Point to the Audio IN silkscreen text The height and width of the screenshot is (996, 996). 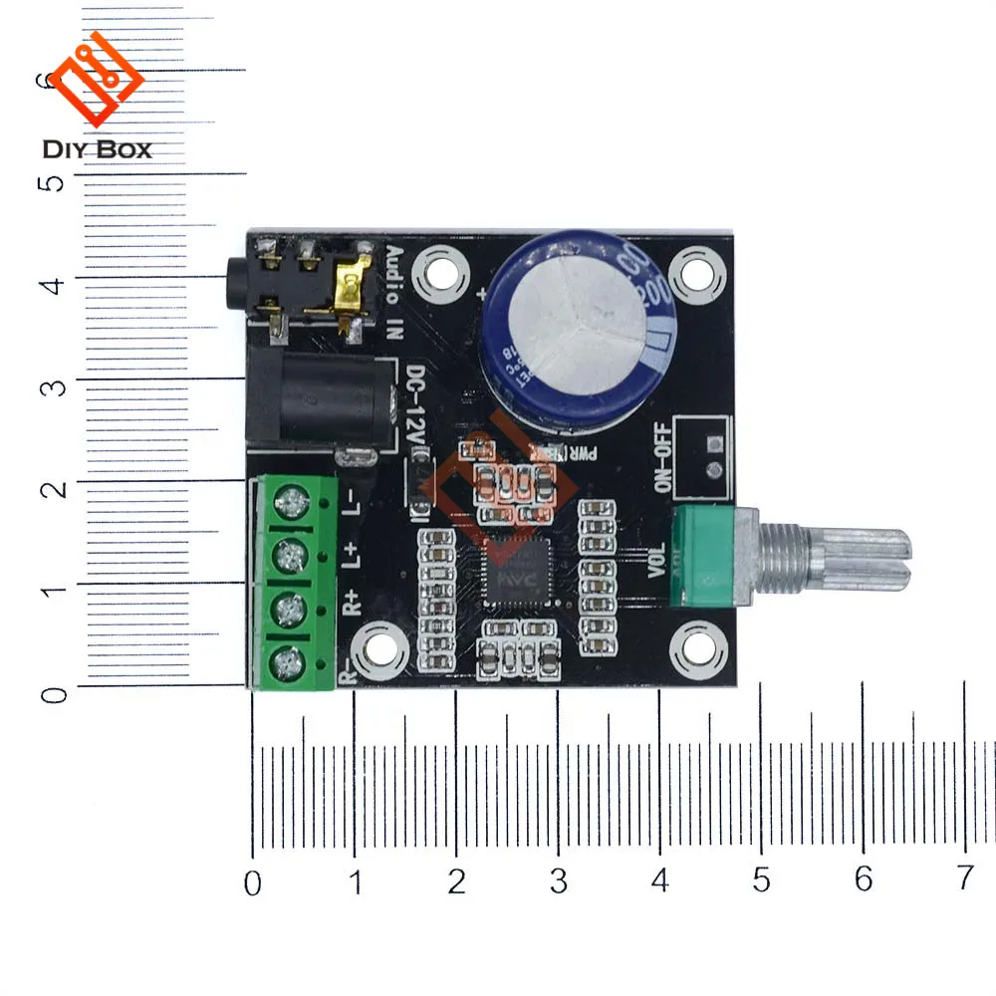click(x=393, y=289)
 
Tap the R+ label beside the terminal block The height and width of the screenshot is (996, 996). click(x=351, y=603)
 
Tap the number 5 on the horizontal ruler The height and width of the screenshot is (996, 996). click(x=761, y=880)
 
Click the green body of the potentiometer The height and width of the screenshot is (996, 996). click(x=709, y=553)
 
